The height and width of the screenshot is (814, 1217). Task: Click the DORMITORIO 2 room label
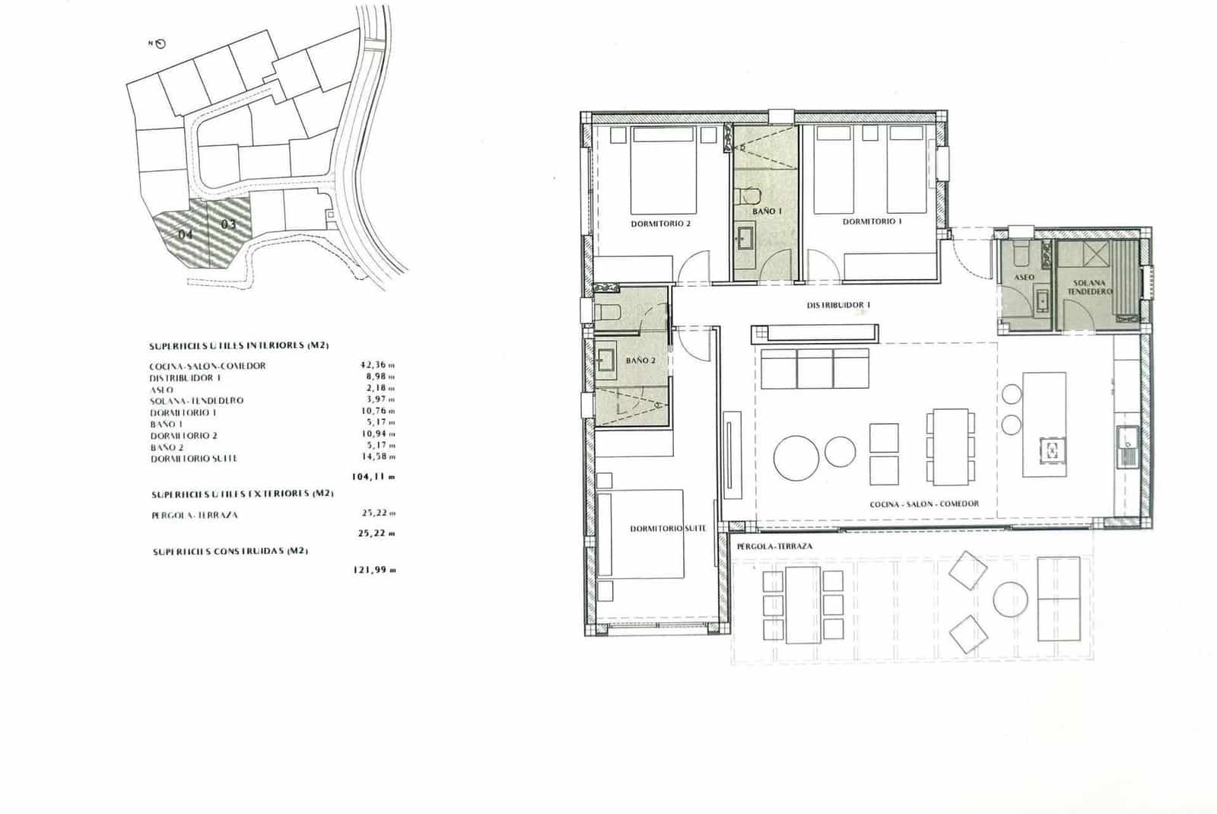coord(660,224)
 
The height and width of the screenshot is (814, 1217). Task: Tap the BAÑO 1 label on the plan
coord(767,211)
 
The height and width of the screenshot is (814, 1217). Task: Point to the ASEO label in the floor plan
coord(1024,278)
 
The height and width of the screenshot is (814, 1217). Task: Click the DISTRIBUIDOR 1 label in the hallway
coord(838,305)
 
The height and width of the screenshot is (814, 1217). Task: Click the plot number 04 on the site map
coord(185,234)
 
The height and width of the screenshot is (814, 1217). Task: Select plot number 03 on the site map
coord(228,224)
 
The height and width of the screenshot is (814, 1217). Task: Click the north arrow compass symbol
coord(162,44)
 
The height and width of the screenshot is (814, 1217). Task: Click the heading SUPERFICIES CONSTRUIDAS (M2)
coord(230,551)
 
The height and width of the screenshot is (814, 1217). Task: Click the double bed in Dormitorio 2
coord(664,172)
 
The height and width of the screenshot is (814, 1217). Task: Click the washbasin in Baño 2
coord(606,361)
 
